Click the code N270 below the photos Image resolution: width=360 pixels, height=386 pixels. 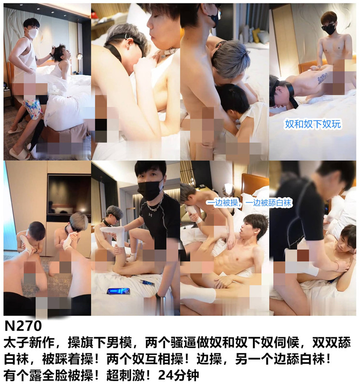pyautogui.click(x=23, y=326)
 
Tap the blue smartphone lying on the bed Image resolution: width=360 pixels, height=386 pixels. pyautogui.click(x=118, y=291)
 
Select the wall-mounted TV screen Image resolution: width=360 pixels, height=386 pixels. pyautogui.click(x=69, y=195)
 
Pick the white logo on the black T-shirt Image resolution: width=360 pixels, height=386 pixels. pyautogui.click(x=150, y=215)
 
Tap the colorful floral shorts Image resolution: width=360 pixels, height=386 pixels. pyautogui.click(x=33, y=108)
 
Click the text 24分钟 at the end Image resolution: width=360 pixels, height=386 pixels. pyautogui.click(x=178, y=375)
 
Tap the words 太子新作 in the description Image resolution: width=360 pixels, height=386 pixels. pyautogui.click(x=29, y=343)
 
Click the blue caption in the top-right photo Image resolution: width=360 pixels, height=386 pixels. pyautogui.click(x=313, y=124)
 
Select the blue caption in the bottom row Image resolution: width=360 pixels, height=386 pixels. pyautogui.click(x=249, y=203)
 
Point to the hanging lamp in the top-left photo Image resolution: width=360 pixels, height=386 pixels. pyautogui.click(x=79, y=56)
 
